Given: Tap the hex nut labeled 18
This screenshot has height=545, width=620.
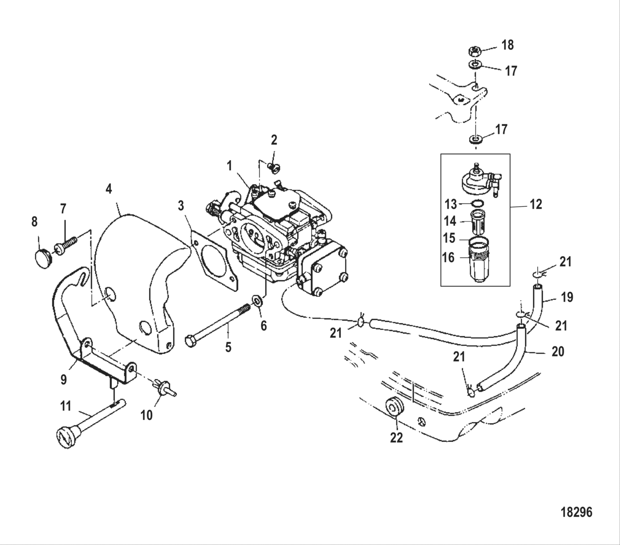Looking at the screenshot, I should pos(474,50).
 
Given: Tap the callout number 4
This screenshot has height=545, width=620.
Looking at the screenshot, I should pos(109,188).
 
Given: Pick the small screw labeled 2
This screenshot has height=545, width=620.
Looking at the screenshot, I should pos(274,168).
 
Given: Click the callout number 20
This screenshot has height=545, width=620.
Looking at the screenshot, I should pos(557,351).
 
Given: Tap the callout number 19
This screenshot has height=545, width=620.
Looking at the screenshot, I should pos(567,296).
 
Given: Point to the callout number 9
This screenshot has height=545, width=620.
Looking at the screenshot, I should pos(64,379).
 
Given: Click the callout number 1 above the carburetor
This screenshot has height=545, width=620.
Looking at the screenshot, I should pos(229,166).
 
